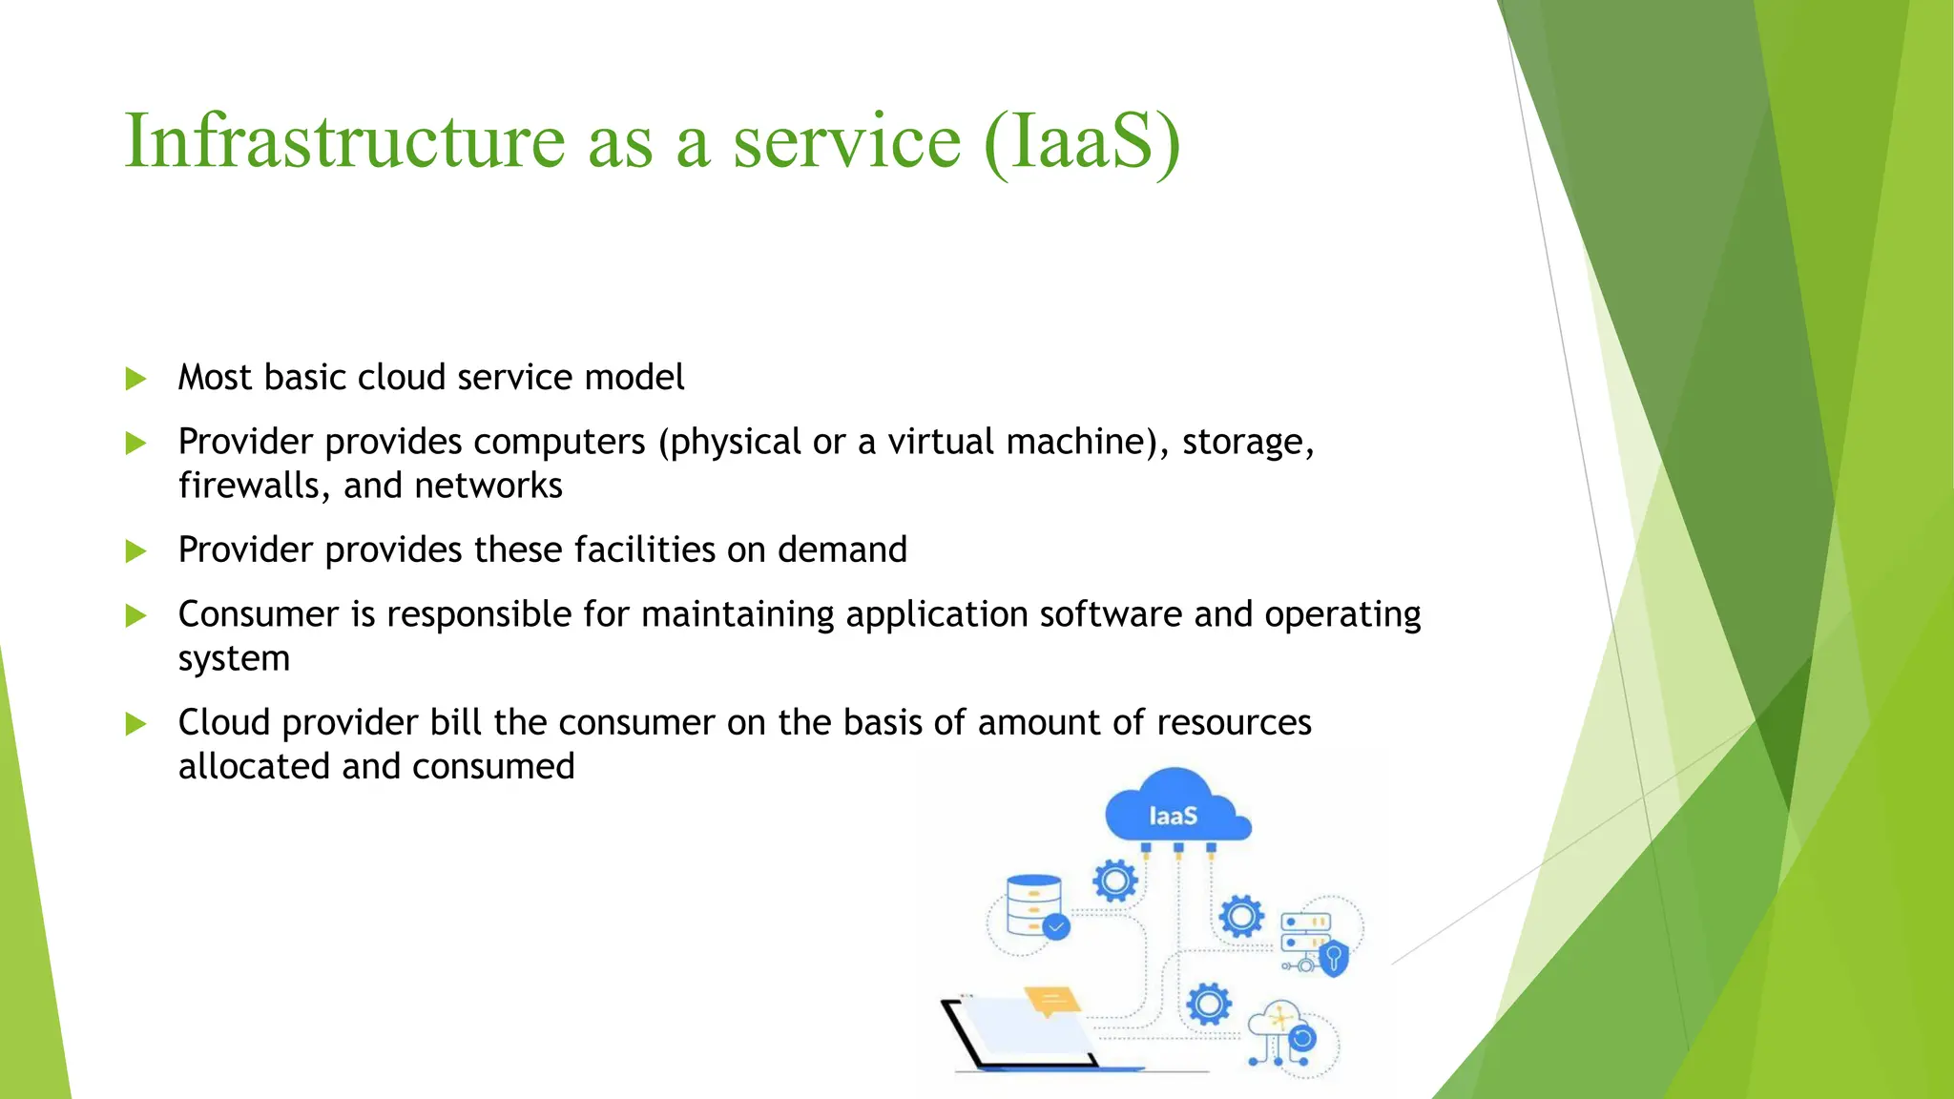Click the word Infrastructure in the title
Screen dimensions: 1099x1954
(x=345, y=141)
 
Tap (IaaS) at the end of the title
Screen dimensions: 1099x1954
(x=1081, y=143)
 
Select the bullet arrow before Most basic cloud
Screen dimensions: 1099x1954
(x=136, y=380)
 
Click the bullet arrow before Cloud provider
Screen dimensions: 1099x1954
(x=136, y=724)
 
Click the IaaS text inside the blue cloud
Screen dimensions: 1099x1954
(x=1173, y=817)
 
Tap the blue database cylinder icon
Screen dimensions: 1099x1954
(x=1033, y=904)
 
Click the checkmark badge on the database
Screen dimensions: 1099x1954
(x=1056, y=926)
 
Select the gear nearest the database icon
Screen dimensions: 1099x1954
(x=1115, y=881)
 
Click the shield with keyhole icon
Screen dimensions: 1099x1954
(x=1334, y=957)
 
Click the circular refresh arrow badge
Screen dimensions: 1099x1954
(x=1302, y=1038)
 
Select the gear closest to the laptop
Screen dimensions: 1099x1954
(x=1209, y=1004)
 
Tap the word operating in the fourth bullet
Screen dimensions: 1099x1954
(x=1342, y=615)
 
